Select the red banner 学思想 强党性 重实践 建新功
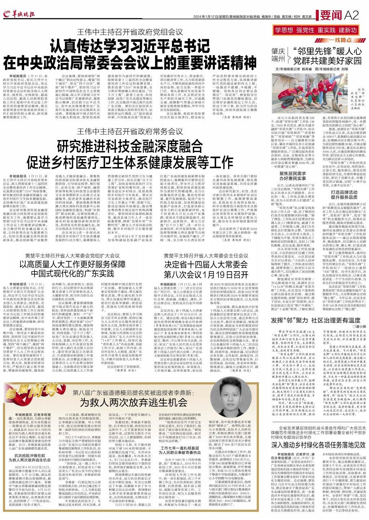click(315, 30)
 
